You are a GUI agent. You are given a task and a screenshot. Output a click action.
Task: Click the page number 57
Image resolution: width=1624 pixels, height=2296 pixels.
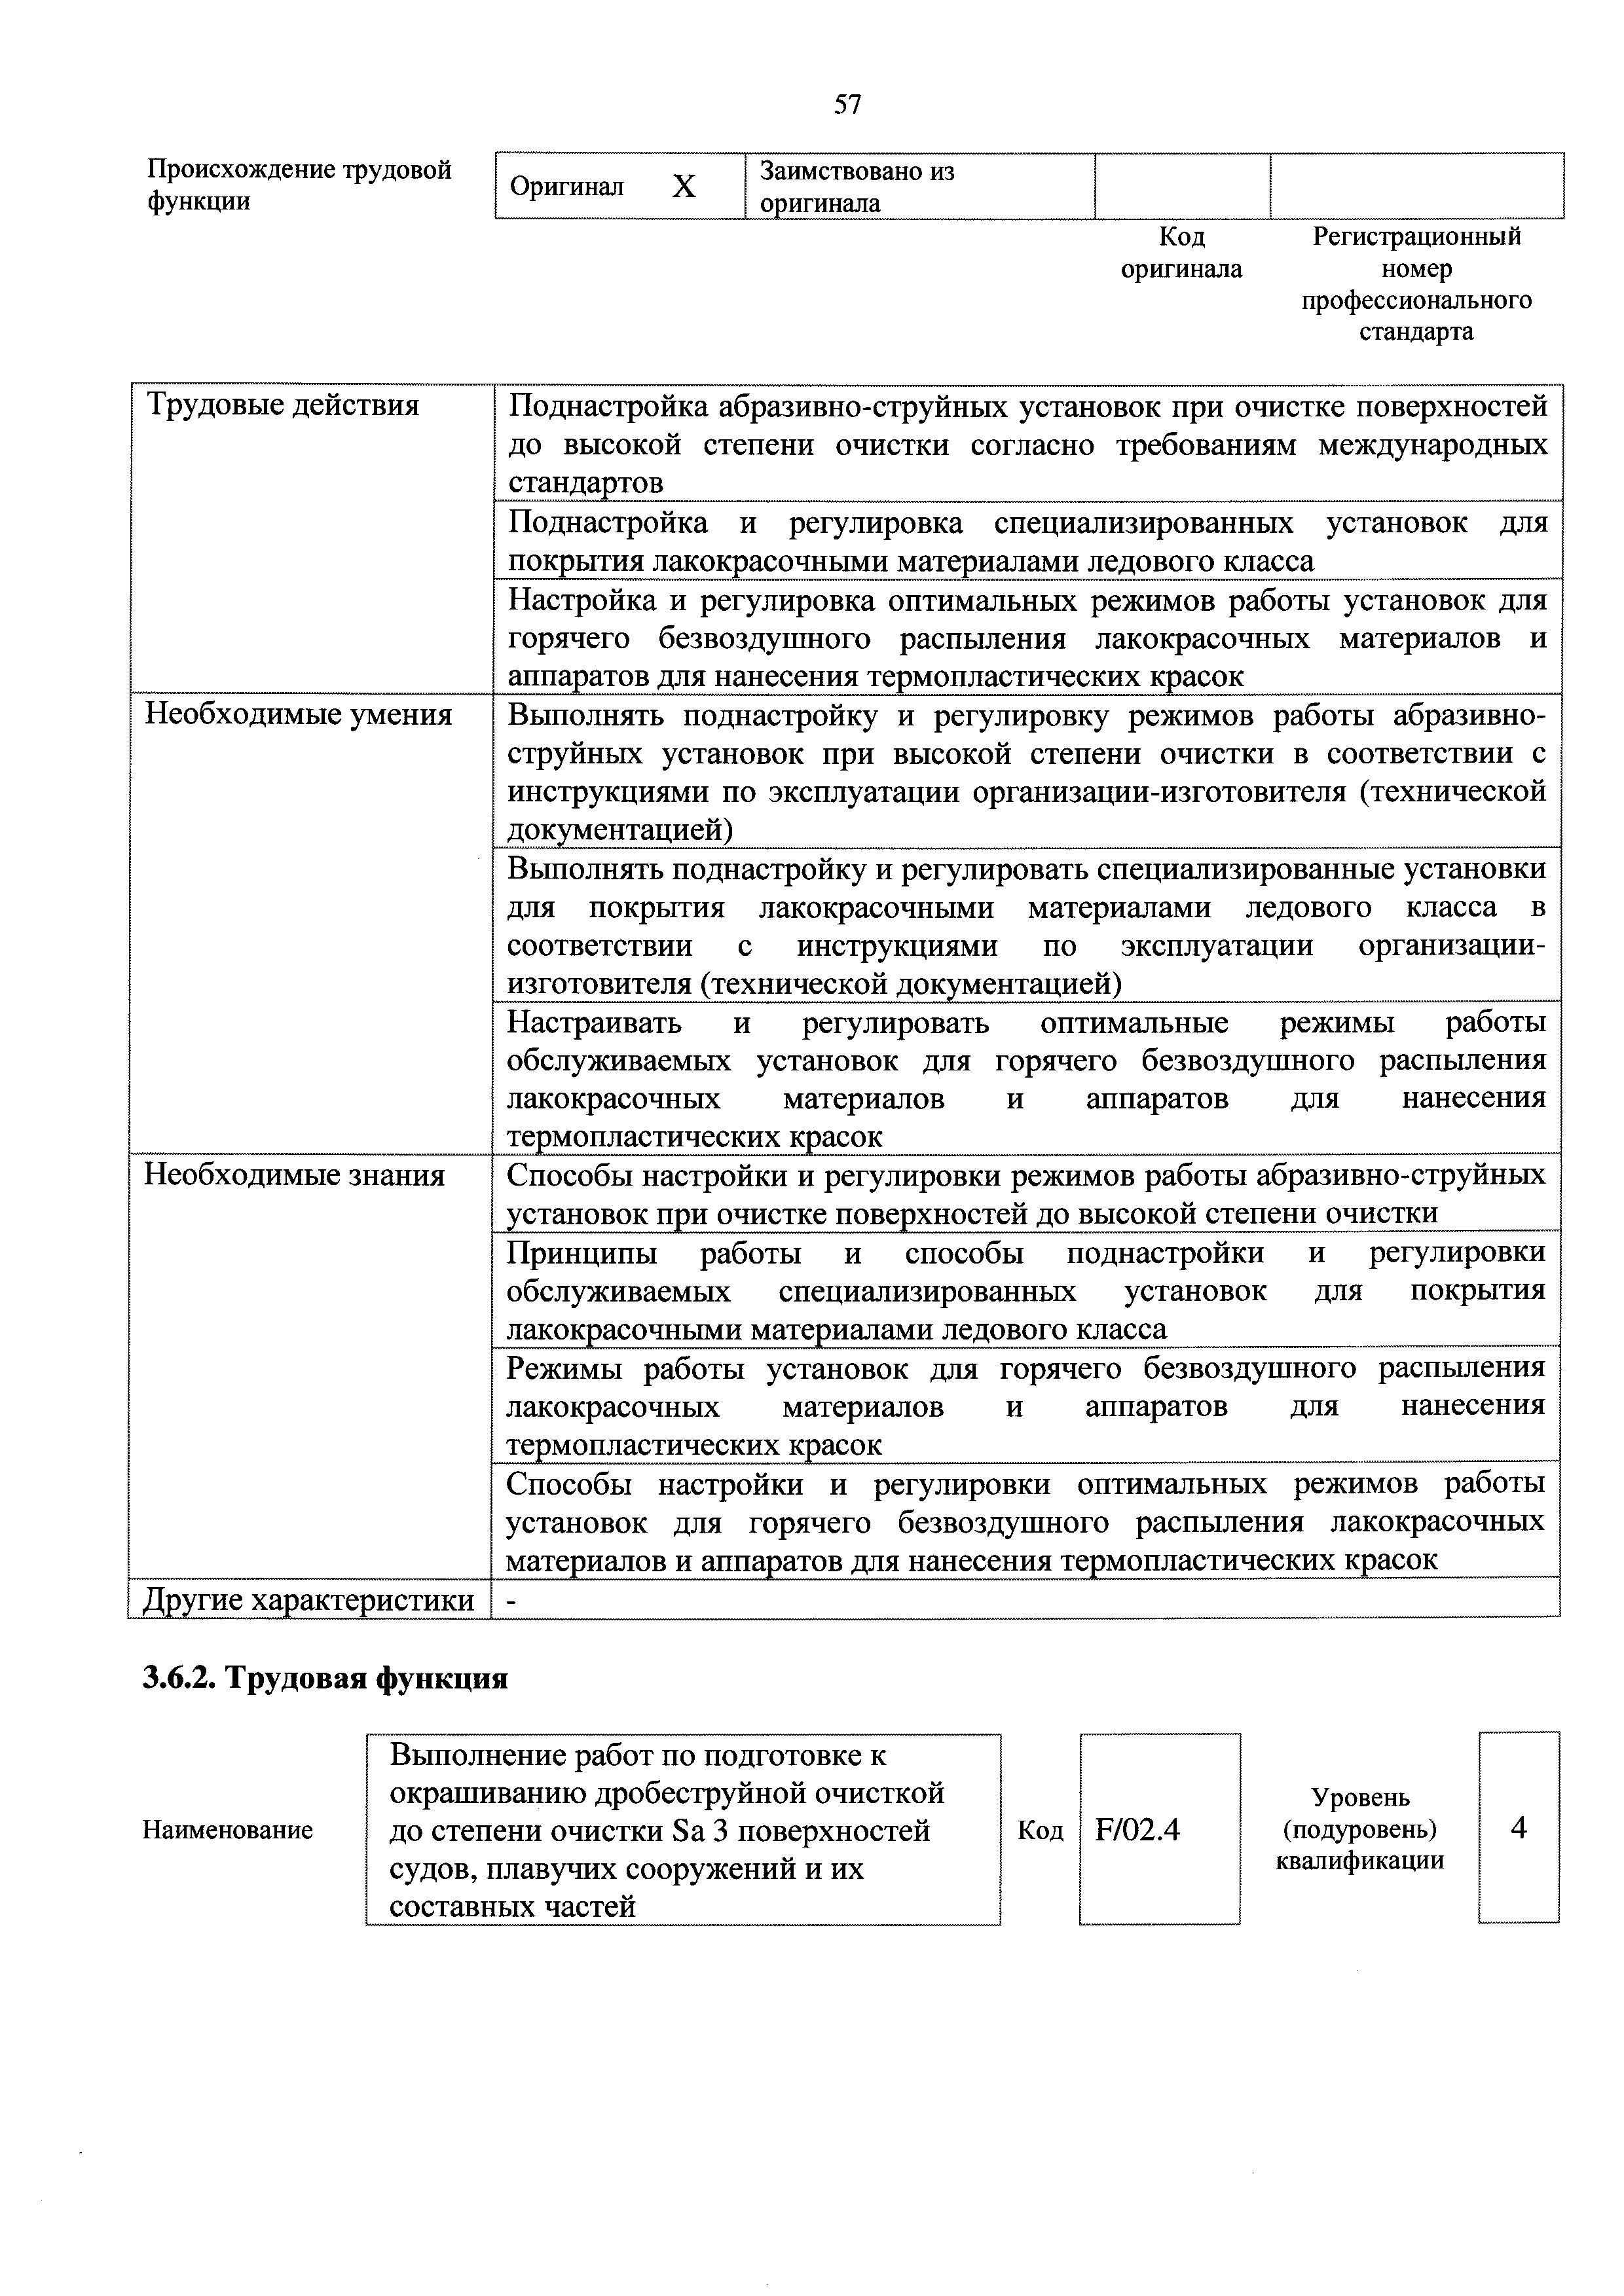(847, 104)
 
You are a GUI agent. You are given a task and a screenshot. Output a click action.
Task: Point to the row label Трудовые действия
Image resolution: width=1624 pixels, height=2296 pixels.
(283, 406)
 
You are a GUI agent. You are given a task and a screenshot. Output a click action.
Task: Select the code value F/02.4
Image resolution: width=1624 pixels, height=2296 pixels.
(1138, 1830)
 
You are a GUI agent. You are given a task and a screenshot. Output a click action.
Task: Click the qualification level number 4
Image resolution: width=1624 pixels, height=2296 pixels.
(1518, 1828)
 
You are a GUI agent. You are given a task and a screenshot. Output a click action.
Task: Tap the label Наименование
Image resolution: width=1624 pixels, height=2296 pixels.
(228, 1830)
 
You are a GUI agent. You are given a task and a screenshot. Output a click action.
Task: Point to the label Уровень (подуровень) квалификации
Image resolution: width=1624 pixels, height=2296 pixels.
(1360, 1829)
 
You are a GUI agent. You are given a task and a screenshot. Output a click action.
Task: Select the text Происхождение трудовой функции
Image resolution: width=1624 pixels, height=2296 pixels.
(299, 185)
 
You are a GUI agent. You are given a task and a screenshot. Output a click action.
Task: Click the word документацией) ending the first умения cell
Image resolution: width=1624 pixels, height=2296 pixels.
(620, 831)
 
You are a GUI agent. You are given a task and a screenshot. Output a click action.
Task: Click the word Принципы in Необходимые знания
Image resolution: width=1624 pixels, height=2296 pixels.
(582, 1253)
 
